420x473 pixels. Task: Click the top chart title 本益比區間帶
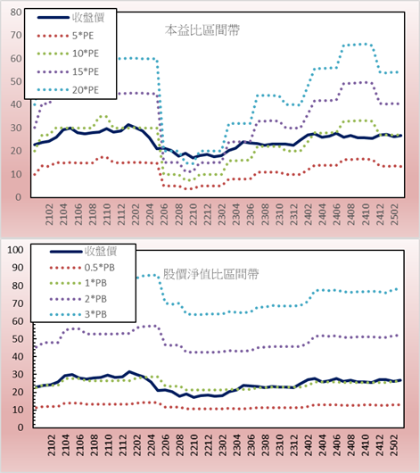pos(202,30)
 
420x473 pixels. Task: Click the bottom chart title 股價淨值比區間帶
pos(211,274)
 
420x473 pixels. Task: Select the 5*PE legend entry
pos(65,36)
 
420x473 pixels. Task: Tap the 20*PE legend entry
pos(68,90)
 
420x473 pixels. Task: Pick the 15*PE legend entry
pos(68,71)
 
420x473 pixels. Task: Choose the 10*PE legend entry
pos(68,54)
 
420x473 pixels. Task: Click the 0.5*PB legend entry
pos(82,268)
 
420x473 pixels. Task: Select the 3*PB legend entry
pos(78,314)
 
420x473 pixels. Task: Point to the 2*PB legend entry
pos(78,299)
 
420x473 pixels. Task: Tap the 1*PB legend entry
pos(78,283)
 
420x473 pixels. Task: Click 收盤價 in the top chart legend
pos(70,18)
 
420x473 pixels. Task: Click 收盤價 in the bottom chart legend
pos(84,252)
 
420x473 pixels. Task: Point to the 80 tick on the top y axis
pos(16,12)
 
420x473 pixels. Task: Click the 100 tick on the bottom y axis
pos(15,250)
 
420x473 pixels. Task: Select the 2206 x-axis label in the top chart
pos(164,214)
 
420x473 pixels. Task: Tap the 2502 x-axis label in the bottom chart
pos(394,445)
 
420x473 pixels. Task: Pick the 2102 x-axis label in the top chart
pos(49,214)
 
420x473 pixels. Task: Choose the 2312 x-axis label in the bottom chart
pos(294,445)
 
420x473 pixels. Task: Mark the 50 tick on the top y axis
pos(16,81)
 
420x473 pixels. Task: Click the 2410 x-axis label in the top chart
pos(366,214)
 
